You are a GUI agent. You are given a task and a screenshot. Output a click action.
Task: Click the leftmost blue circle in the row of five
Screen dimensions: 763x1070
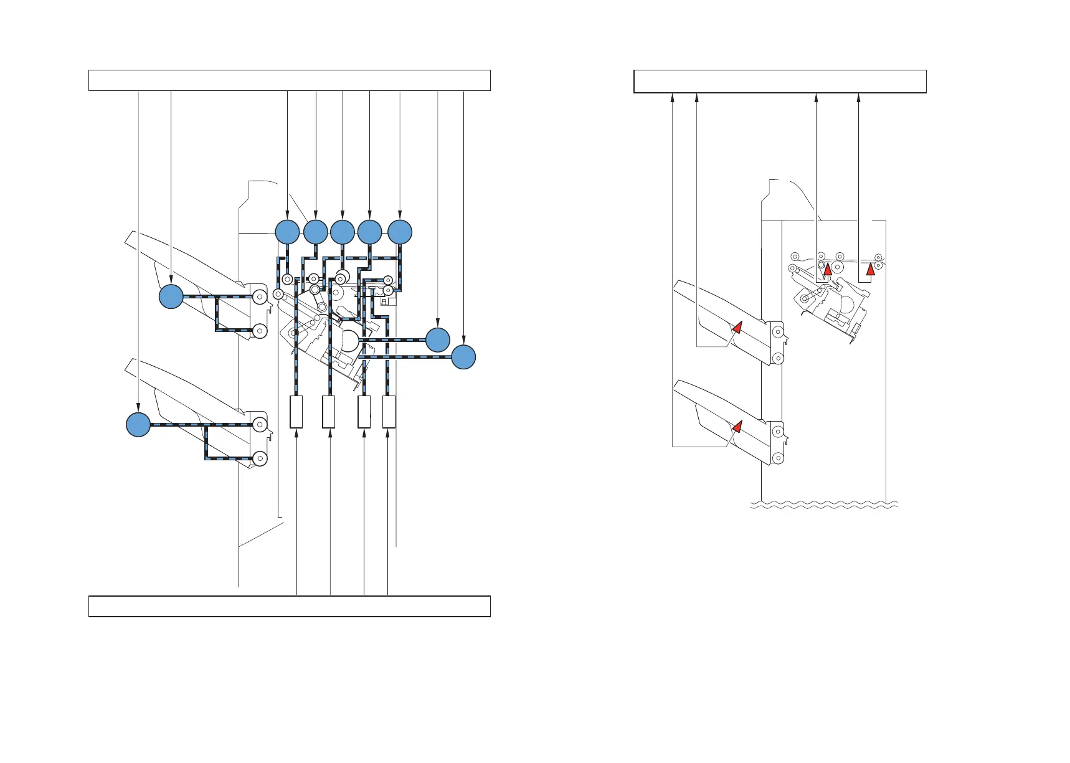[287, 232]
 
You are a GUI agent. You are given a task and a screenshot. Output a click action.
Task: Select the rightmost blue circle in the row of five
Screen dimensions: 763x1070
[400, 232]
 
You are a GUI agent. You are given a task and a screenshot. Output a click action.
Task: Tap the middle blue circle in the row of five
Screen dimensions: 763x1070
[343, 232]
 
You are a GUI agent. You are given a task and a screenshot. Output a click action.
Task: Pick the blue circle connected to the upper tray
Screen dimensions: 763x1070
[171, 296]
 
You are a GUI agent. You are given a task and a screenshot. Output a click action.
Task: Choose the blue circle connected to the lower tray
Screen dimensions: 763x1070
[138, 425]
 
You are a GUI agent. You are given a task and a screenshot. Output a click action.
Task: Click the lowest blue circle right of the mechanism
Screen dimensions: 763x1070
[463, 357]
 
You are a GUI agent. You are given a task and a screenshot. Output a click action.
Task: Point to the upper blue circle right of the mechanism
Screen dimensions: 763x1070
[438, 339]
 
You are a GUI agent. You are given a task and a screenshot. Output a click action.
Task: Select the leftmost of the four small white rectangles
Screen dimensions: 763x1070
[296, 412]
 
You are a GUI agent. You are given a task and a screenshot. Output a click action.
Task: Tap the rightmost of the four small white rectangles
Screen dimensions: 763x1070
[389, 412]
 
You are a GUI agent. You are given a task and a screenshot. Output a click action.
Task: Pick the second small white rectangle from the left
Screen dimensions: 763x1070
[329, 412]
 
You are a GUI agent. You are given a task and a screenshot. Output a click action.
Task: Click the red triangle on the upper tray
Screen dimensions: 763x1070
[737, 327]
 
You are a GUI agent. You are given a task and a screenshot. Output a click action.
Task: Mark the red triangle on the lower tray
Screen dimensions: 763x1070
[737, 427]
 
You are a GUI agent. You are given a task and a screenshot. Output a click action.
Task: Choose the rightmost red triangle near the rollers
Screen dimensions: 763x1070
[871, 269]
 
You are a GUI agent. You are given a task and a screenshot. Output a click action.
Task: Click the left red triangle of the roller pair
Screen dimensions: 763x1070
[828, 269]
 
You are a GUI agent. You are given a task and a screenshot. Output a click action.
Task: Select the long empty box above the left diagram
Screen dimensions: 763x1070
[290, 80]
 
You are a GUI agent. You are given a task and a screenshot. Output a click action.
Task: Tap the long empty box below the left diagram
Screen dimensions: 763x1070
[290, 606]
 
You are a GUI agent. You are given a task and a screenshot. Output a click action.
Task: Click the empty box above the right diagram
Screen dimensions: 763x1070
[780, 82]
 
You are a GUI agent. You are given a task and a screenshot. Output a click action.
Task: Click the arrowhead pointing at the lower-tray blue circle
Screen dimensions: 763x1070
[138, 409]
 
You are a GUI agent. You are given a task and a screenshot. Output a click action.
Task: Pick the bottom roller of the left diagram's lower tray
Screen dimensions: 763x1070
[260, 459]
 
